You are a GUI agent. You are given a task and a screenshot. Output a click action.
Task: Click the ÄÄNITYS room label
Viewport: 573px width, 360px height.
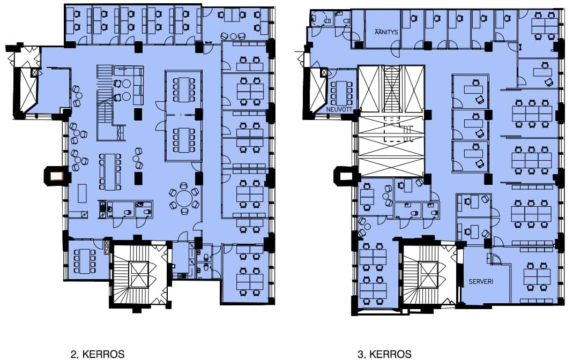386,32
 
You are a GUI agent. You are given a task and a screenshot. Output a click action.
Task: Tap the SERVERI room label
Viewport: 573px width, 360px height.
481,281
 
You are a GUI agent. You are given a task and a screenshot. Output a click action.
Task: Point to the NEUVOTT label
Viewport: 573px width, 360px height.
339,109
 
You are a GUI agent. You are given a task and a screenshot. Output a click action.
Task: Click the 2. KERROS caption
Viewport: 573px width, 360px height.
97,354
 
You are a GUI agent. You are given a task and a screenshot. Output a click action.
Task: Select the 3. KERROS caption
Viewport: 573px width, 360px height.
384,354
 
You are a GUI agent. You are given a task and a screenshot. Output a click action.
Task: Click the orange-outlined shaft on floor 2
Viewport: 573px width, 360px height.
56,176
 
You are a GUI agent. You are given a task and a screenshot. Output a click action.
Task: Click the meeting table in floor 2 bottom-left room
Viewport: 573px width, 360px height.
84,261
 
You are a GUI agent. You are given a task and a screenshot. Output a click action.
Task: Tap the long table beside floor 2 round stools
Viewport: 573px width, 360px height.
110,171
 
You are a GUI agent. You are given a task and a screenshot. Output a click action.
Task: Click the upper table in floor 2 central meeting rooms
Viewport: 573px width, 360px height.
183,89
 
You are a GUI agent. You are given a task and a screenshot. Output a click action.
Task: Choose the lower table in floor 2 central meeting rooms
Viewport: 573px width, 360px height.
183,140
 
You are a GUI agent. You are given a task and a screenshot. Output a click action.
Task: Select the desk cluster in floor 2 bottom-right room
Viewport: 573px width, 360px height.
250,273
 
